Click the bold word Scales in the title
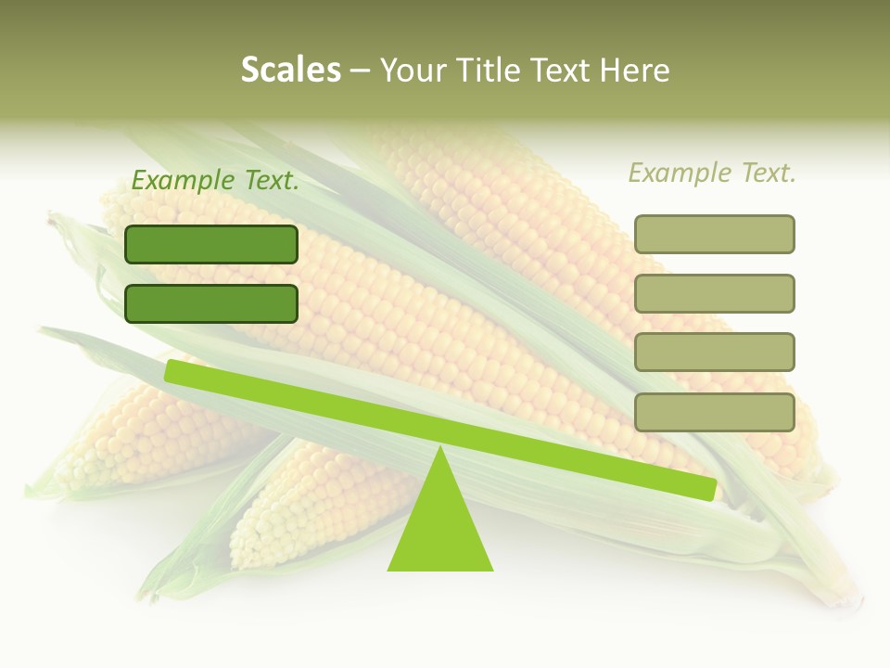pos(290,70)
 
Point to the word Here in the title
pos(636,71)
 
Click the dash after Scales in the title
pos(360,71)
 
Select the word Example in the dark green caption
pos(183,181)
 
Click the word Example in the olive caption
pos(680,173)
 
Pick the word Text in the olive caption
pos(768,173)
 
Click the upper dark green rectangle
pos(211,244)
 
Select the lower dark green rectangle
pos(211,303)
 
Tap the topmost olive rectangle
pos(714,234)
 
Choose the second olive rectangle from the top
pos(714,293)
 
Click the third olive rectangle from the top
pos(714,353)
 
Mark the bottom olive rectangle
pos(714,412)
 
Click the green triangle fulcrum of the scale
pos(440,529)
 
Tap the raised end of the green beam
pos(176,371)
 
